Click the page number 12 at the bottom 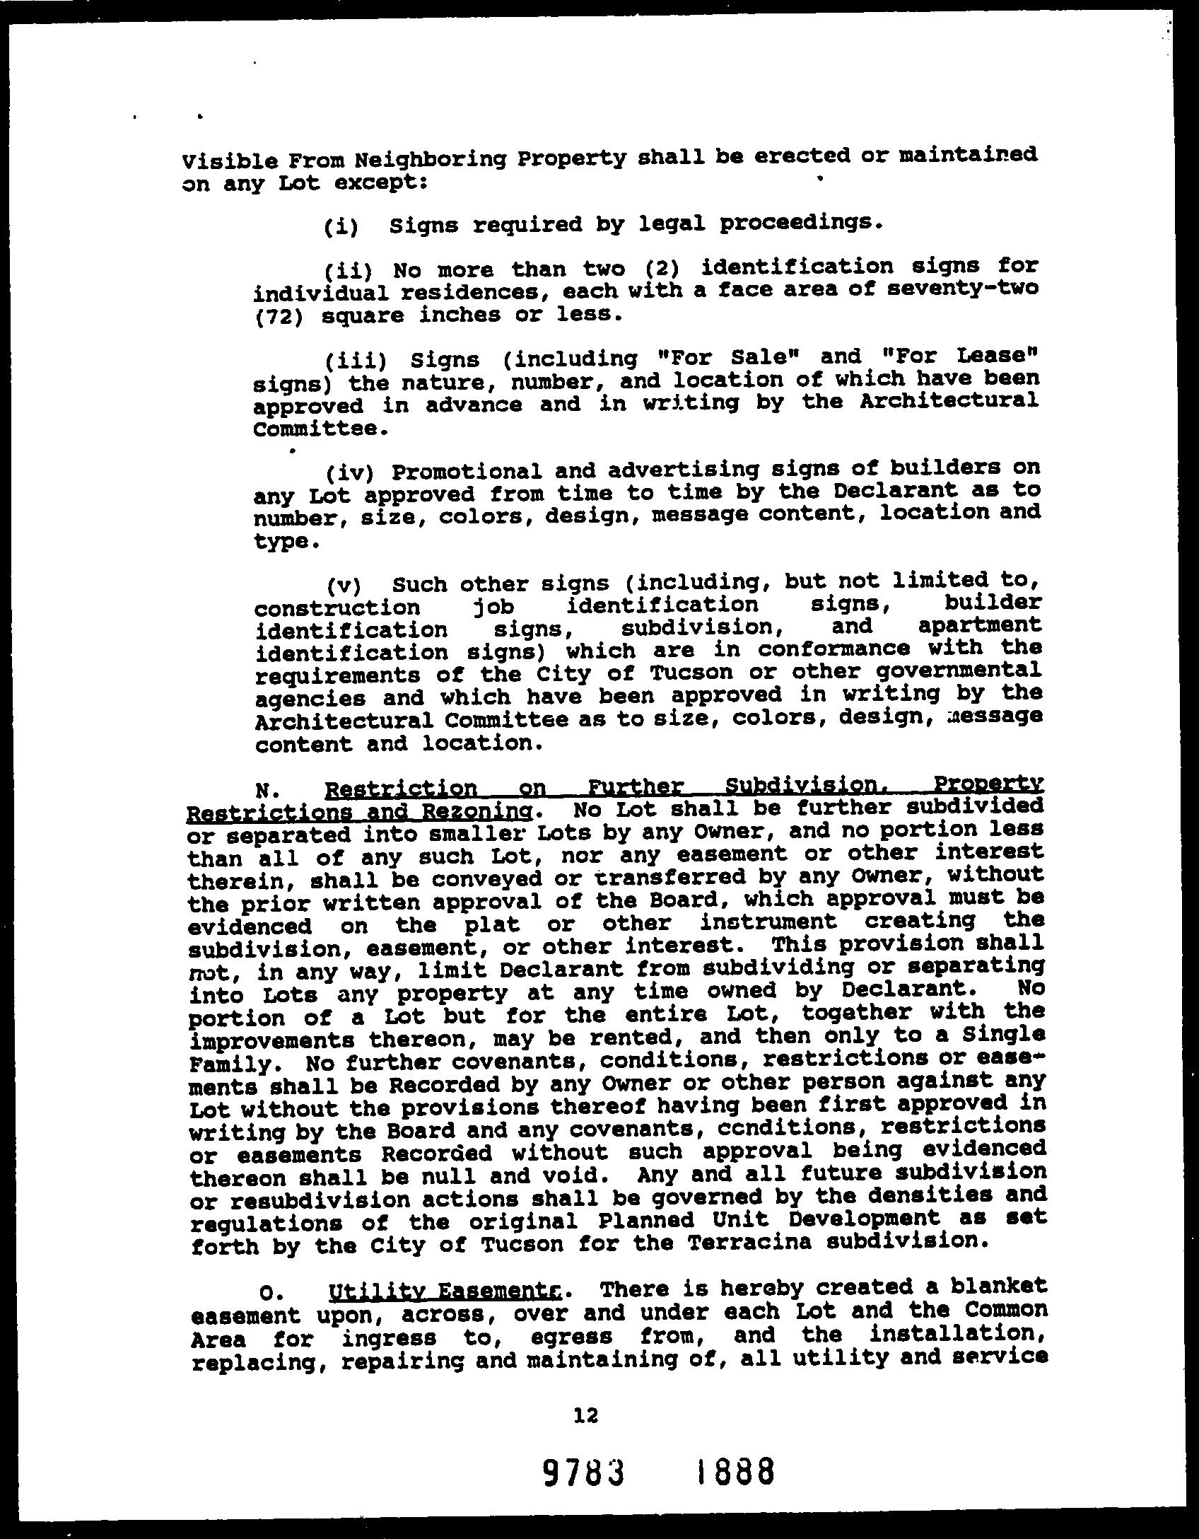(587, 1414)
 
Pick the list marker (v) (344, 586)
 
